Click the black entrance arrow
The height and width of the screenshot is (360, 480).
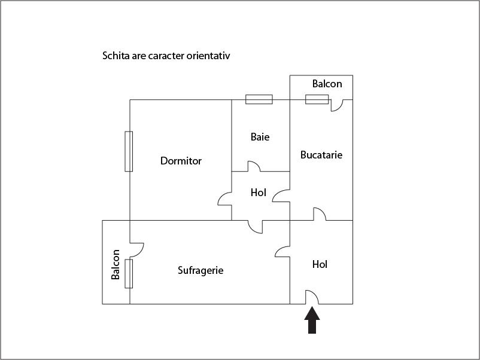pos(312,320)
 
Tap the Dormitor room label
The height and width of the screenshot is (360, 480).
pos(181,161)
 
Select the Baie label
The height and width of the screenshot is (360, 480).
pos(260,137)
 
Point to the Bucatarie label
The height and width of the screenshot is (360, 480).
pos(321,155)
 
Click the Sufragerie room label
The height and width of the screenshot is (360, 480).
pos(200,270)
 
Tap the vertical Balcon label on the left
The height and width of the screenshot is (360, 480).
pos(116,264)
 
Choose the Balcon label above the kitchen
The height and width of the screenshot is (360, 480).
pos(327,84)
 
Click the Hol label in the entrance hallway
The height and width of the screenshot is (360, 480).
pos(320,264)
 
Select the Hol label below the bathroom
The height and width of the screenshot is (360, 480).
pos(258,193)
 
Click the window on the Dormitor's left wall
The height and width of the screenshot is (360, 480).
pos(129,151)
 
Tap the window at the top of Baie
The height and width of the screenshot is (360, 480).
pos(259,99)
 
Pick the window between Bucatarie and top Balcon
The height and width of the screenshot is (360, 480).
pos(317,99)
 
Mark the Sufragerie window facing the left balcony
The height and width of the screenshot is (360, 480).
pos(129,274)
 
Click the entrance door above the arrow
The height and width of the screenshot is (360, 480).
pos(312,297)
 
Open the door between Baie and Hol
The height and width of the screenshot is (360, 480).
pos(254,166)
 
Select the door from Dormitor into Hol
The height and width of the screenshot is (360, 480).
pos(224,199)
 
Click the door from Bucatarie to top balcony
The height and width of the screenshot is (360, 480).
pos(337,105)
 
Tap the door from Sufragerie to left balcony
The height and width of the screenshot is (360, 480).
pos(136,250)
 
